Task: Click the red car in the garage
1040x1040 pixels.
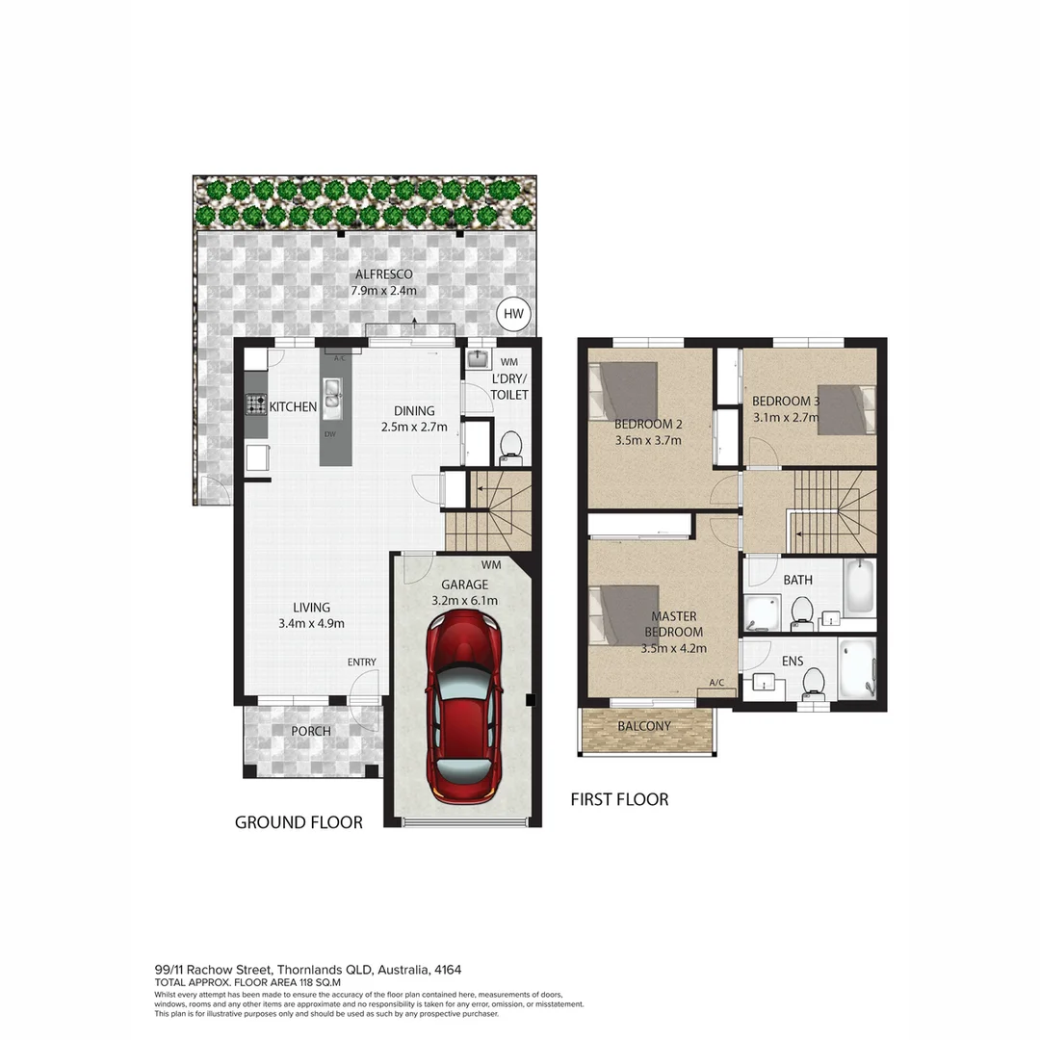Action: [x=464, y=707]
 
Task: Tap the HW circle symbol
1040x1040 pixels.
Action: [x=513, y=313]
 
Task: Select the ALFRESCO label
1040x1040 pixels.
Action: [x=382, y=274]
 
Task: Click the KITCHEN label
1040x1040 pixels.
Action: [x=293, y=407]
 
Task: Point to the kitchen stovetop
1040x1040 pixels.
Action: [x=255, y=406]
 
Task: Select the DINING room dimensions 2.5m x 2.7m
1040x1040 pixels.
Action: [x=414, y=427]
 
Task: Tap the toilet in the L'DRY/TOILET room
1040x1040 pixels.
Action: [x=510, y=446]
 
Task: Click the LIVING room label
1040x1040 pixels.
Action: [x=312, y=607]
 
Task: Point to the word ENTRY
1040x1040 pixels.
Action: [x=362, y=662]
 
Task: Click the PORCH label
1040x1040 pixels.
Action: [x=311, y=731]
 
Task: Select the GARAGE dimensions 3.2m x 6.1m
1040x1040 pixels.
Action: [x=464, y=600]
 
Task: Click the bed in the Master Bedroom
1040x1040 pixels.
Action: [x=624, y=615]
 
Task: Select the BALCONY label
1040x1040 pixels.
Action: [x=644, y=725]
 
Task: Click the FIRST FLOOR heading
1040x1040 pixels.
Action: [x=619, y=799]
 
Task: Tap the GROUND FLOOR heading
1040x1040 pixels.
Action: [x=299, y=822]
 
